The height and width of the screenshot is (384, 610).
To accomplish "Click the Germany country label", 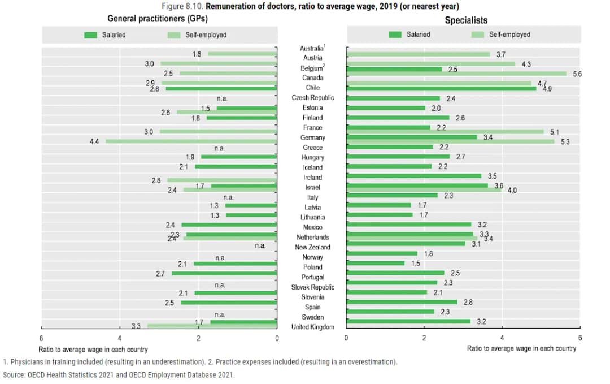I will [x=312, y=137].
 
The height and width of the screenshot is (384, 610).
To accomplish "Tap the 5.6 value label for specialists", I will [x=577, y=74].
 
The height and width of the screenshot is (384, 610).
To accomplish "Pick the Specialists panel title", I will [x=466, y=20].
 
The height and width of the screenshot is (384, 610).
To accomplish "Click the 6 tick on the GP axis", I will [x=41, y=338].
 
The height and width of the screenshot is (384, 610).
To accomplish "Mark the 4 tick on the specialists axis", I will [x=502, y=338].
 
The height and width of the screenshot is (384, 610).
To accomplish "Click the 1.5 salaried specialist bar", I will [x=376, y=263].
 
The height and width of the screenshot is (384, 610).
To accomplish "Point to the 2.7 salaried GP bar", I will [x=224, y=273].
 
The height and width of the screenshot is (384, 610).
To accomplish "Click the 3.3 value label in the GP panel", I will [x=136, y=326].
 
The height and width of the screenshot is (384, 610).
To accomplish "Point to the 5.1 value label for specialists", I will [x=554, y=132].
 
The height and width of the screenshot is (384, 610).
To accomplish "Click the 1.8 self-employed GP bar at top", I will [x=242, y=54].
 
